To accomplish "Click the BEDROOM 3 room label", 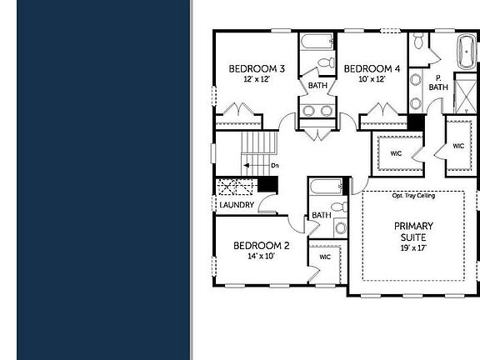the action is pos(257,68).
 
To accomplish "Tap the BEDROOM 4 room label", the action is pos(372,68).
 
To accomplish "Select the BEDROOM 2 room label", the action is pos(261,246).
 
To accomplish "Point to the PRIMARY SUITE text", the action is pos(413,232).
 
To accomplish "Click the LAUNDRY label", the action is pos(237,205).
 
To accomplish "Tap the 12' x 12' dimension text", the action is pos(257,79).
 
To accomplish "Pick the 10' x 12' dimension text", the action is pos(372,79).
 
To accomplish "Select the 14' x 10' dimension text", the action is pos(261,256).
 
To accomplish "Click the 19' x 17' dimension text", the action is pos(413,248).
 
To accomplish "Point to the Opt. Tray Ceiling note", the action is pos(413,195).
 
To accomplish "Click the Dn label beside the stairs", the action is pos(275,166).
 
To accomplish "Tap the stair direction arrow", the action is pos(256,166).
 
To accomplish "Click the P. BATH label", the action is pos(438,82).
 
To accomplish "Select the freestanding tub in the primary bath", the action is pos(467,52).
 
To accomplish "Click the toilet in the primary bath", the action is pos(417,40).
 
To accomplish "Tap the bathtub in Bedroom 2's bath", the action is pos(326,187).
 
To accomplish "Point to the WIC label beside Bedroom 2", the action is pos(325,257).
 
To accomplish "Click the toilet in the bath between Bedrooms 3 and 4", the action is pos(327,62).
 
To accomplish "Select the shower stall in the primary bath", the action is pos(465,96).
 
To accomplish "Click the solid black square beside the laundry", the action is pos(267,184).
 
